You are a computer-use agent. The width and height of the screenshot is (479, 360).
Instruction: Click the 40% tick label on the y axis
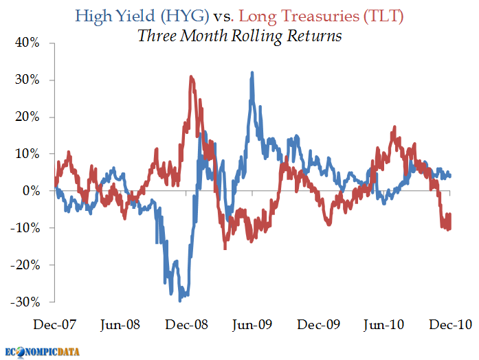coord(27,43)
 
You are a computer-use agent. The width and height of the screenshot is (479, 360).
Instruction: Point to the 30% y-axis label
coord(27,80)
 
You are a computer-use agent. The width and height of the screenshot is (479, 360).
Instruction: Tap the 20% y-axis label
coord(27,117)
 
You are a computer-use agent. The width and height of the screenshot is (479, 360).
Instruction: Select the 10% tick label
coord(27,155)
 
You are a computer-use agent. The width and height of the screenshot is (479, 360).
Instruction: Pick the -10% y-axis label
coord(25,229)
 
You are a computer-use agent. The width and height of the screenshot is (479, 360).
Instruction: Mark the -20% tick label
coord(25,266)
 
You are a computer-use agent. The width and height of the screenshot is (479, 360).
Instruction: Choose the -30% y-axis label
coord(25,303)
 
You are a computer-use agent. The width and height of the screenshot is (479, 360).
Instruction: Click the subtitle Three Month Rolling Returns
coord(239,36)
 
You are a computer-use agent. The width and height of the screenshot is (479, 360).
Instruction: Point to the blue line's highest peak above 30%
coord(252,72)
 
